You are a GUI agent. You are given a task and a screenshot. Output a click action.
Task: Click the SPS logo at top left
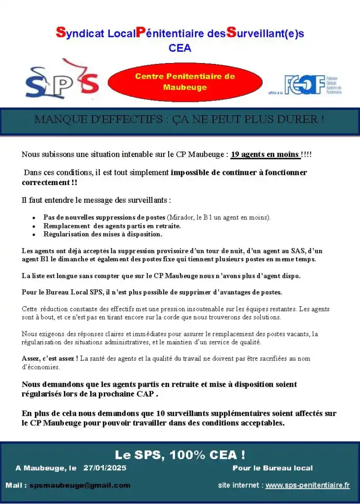click(x=62, y=80)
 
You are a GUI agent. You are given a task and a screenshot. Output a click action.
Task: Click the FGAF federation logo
click(x=312, y=85)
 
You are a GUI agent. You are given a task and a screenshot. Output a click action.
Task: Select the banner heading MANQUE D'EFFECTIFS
click(x=180, y=120)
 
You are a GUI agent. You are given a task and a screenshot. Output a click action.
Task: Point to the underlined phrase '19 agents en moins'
click(x=265, y=154)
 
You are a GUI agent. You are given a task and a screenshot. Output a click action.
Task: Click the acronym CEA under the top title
click(x=180, y=48)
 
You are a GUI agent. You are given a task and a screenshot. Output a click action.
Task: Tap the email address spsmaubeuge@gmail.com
click(x=80, y=485)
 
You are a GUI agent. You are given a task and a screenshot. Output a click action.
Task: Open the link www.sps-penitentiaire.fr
click(x=307, y=485)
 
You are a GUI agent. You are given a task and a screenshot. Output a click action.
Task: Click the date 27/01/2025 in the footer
click(x=105, y=468)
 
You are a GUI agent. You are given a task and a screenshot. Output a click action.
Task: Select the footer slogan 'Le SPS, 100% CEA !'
click(x=180, y=454)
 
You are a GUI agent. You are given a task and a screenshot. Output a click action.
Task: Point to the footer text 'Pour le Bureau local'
click(x=272, y=468)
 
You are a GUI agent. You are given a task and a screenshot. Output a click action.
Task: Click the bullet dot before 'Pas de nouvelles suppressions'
click(x=33, y=218)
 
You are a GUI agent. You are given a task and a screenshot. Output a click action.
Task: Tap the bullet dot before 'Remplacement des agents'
click(x=33, y=226)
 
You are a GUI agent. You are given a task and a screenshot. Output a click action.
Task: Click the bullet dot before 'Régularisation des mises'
click(x=33, y=234)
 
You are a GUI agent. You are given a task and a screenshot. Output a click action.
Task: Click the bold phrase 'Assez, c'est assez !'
click(x=50, y=358)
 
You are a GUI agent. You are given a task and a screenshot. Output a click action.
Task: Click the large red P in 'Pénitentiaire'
click(x=139, y=32)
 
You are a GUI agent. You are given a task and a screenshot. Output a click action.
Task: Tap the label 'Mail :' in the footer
click(x=16, y=485)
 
